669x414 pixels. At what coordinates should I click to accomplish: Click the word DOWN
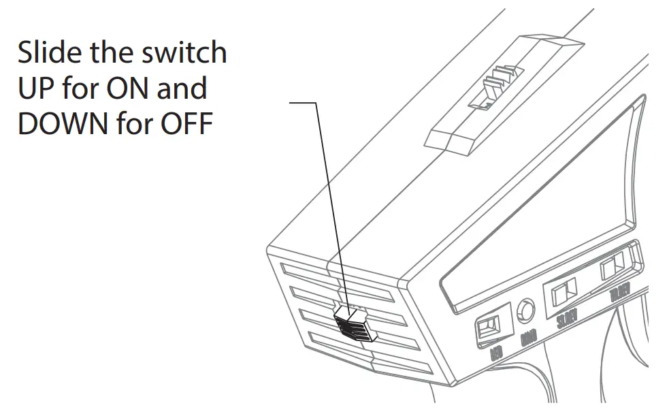click(x=63, y=125)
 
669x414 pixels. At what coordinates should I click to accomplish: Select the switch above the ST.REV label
click(x=564, y=293)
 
